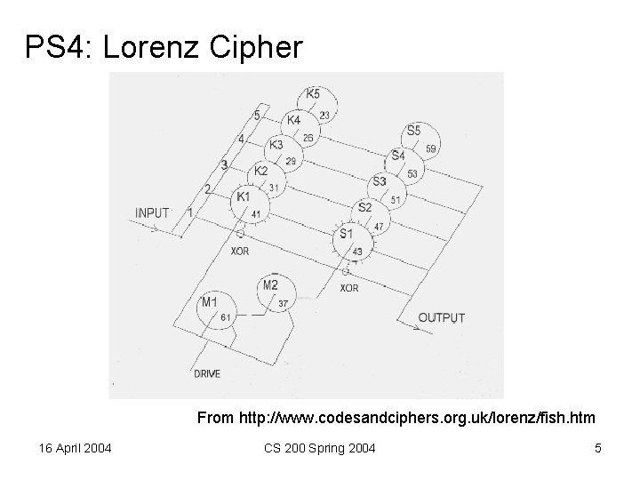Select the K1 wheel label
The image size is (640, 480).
coord(242,195)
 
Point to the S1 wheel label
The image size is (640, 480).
coord(347,233)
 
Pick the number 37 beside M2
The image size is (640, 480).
coord(284,303)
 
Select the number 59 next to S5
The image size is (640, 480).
coord(431,149)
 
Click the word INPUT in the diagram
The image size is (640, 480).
coord(154,212)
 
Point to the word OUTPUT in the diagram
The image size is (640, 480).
coord(441,317)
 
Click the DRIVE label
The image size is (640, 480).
coord(207,373)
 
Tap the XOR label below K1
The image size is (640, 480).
coord(239,252)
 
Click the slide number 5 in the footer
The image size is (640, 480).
coord(598,448)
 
